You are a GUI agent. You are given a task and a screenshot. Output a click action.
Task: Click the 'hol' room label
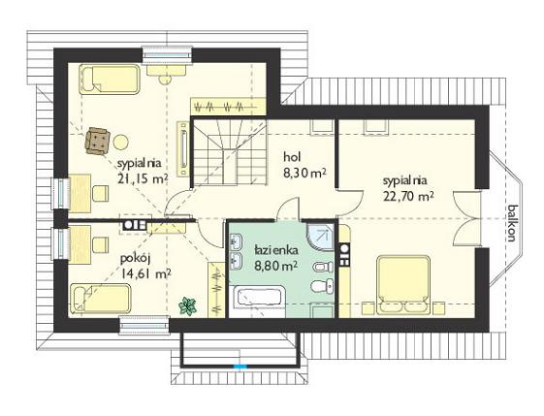pyautogui.click(x=292, y=157)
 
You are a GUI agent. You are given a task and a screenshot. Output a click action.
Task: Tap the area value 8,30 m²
pyautogui.click(x=304, y=173)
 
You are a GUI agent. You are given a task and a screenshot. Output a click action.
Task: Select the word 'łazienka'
pyautogui.click(x=275, y=250)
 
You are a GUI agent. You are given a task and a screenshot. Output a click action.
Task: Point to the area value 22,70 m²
pyautogui.click(x=408, y=197)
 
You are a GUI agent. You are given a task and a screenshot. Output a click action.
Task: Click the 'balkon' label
pyautogui.click(x=513, y=223)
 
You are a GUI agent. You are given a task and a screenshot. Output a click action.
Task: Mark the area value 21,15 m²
pyautogui.click(x=143, y=178)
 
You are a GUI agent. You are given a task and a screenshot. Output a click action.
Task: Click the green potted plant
pyautogui.click(x=188, y=305)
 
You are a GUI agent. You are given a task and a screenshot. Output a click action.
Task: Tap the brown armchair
pyautogui.click(x=98, y=141)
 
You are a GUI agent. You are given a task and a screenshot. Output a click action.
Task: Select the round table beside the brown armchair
pyautogui.click(x=121, y=142)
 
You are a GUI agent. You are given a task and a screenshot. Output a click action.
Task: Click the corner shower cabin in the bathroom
pyautogui.click(x=320, y=237)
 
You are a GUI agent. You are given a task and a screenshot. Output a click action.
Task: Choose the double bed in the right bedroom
pyautogui.click(x=403, y=284)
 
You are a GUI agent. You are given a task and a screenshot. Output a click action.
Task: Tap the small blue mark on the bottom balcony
pyautogui.click(x=240, y=366)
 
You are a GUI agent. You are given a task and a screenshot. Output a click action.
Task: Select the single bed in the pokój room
pyautogui.click(x=100, y=299)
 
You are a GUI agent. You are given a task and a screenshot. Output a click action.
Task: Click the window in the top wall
pyautogui.click(x=167, y=55)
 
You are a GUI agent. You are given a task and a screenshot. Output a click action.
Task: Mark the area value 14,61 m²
pyautogui.click(x=145, y=274)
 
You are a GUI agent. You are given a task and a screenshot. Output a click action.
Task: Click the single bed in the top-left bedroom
pyautogui.click(x=110, y=79)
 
